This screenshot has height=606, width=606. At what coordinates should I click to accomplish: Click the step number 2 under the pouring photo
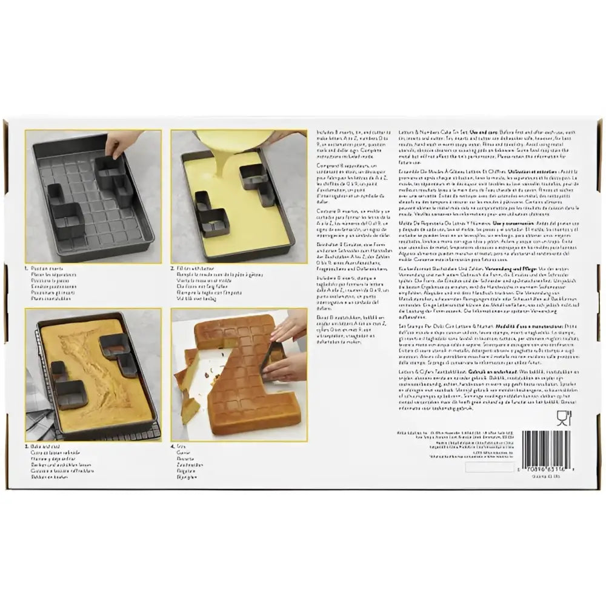(174, 267)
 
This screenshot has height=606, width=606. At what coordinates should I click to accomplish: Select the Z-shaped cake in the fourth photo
(242, 382)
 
